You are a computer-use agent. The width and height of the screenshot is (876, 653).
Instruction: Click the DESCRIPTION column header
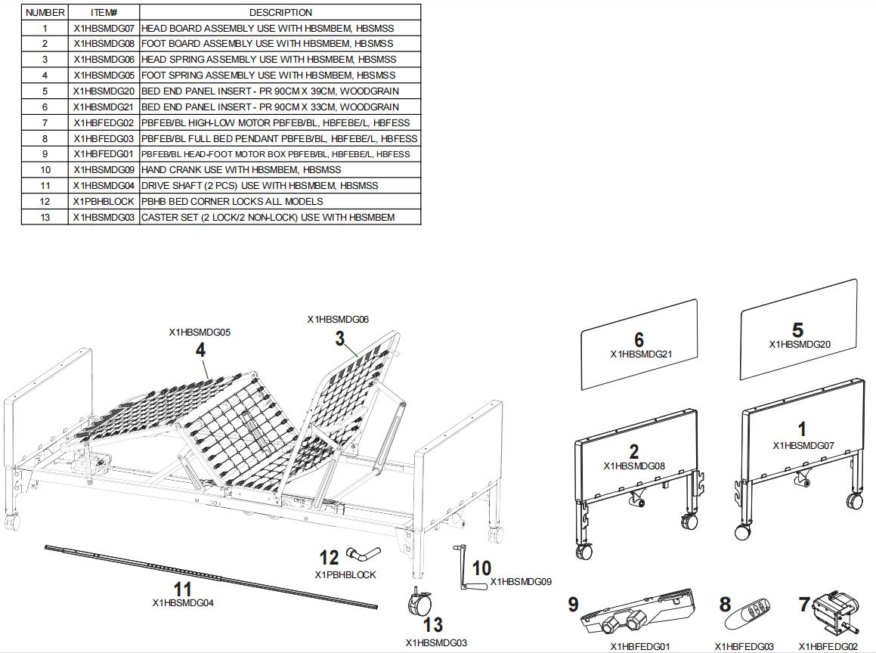pos(280,12)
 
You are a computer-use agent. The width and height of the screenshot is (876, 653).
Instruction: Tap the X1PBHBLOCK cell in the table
pos(104,201)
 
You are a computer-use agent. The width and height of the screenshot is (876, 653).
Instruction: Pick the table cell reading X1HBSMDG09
pos(104,169)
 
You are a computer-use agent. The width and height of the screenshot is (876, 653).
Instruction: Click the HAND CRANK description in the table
pos(241,169)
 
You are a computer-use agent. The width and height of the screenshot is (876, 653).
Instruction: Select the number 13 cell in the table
pos(45,217)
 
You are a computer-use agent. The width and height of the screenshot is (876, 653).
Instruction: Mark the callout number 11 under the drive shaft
pos(182,589)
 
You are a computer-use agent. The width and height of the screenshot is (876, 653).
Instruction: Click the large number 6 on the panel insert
pos(639,340)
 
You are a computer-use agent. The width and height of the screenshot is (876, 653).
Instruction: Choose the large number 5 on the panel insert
pos(797,330)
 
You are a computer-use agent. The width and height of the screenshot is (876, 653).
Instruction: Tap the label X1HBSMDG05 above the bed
pos(200,332)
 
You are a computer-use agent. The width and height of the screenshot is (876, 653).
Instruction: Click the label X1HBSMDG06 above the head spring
pos(338,320)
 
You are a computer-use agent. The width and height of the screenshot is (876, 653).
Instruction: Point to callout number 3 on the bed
pos(340,338)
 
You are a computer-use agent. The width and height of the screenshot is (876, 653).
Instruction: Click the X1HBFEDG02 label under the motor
pos(828,646)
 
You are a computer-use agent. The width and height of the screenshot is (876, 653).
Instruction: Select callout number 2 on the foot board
pos(633,451)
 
